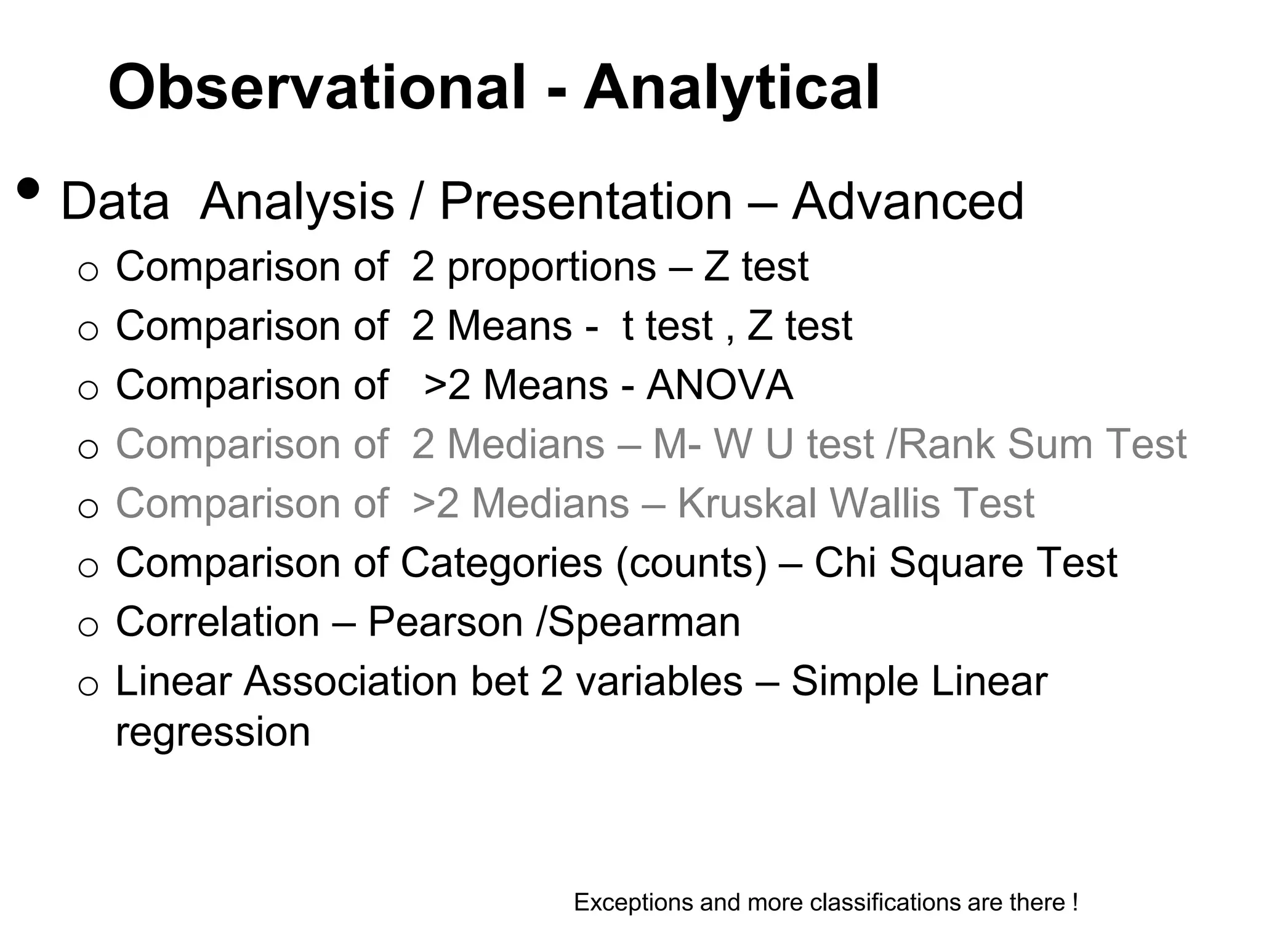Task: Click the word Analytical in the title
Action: coord(731,88)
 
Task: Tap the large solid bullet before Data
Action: coord(28,189)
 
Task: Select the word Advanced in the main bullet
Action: coord(908,201)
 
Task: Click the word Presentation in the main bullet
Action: coord(586,201)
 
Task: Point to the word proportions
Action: coord(552,268)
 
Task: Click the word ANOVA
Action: coord(719,386)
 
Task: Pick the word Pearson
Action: coord(445,622)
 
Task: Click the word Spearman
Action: coord(644,622)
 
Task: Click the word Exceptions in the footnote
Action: coord(633,902)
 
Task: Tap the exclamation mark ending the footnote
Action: coord(1075,902)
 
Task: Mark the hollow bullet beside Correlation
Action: coord(89,627)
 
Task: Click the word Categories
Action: coord(501,563)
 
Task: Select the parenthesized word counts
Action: coord(691,563)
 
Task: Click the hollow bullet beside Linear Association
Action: coord(89,686)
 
